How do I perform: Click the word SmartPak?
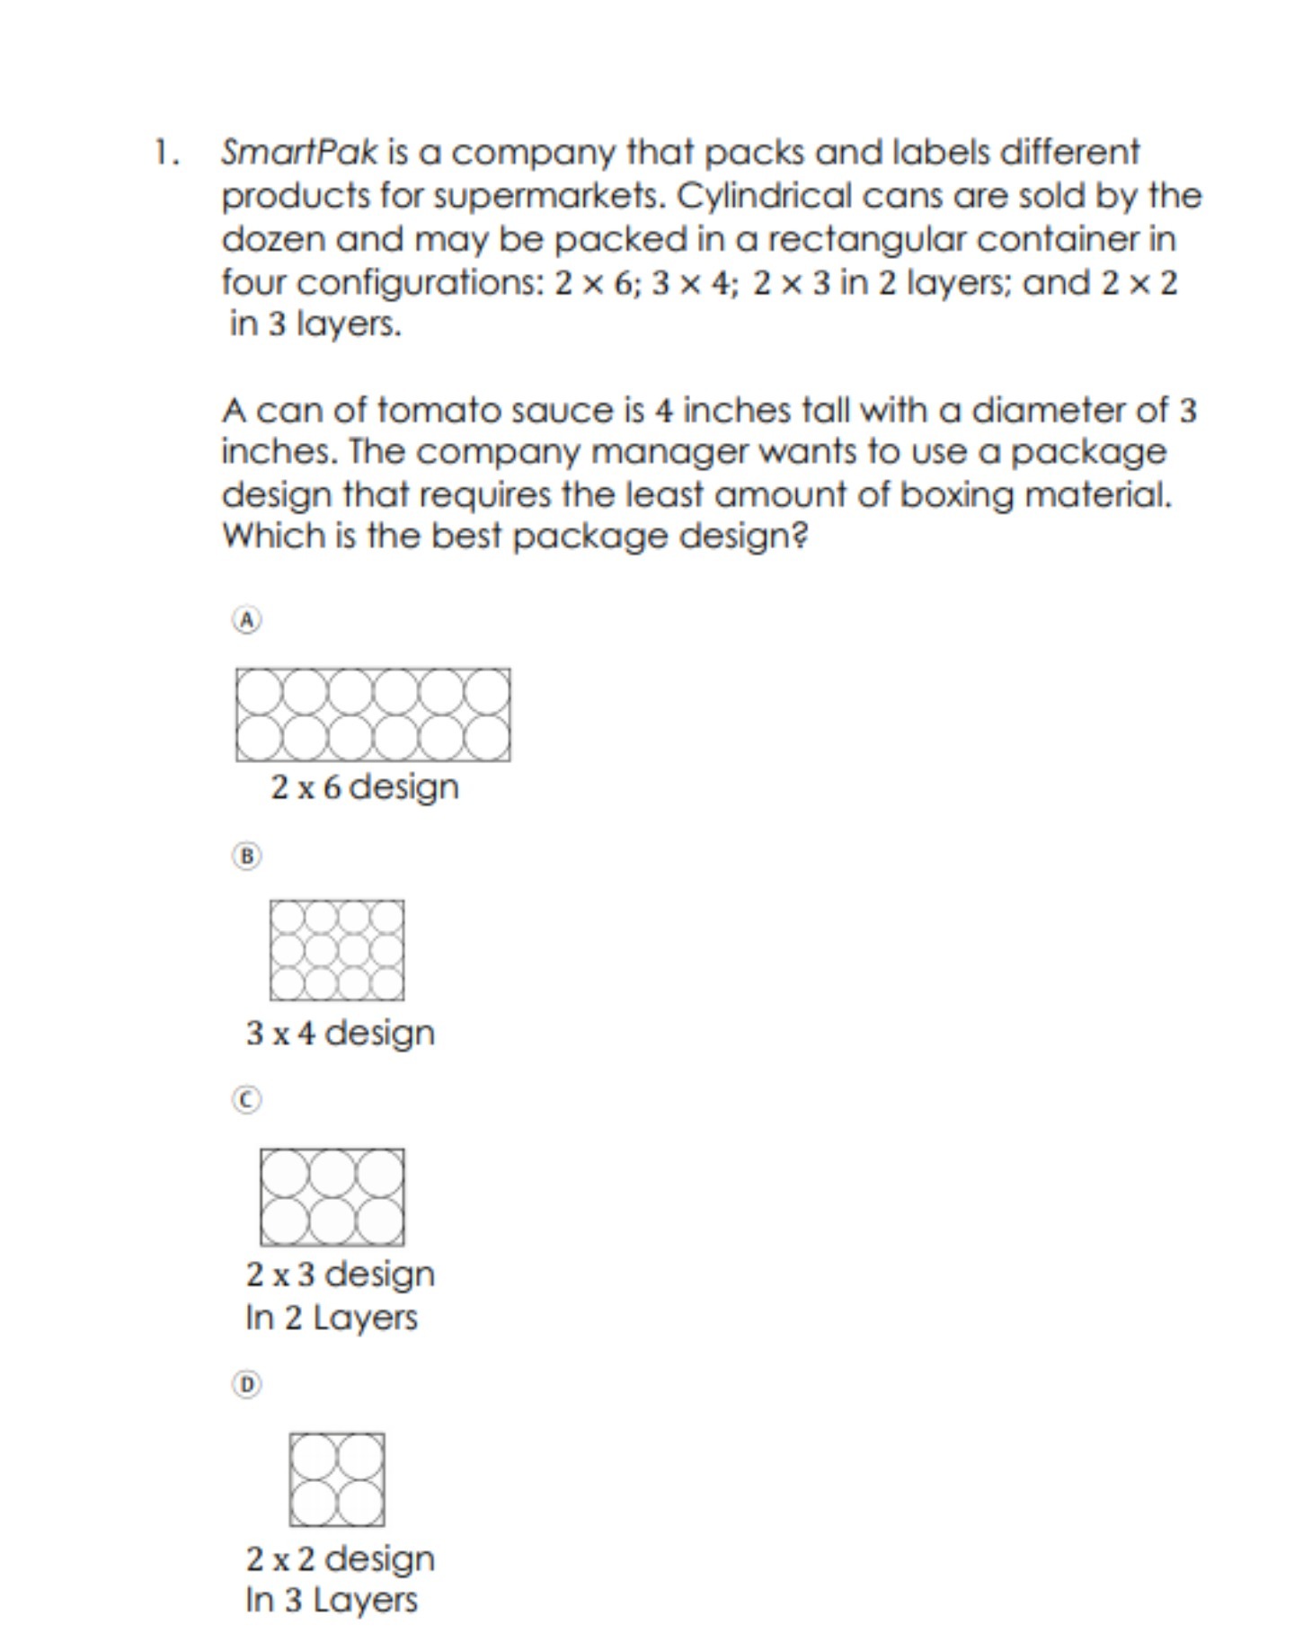(299, 153)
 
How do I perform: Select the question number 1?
(165, 152)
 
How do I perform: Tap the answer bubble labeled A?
(247, 620)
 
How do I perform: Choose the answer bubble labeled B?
(247, 856)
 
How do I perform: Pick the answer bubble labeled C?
(247, 1100)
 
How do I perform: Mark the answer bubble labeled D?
(247, 1384)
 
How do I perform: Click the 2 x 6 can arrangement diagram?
(373, 715)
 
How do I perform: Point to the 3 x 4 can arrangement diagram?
(337, 950)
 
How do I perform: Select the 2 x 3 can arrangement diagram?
(332, 1197)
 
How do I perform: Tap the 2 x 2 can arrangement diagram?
(337, 1479)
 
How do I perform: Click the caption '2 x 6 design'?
(365, 787)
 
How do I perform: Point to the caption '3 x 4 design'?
(340, 1034)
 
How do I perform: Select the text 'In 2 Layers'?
(332, 1318)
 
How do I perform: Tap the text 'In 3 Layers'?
(332, 1600)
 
